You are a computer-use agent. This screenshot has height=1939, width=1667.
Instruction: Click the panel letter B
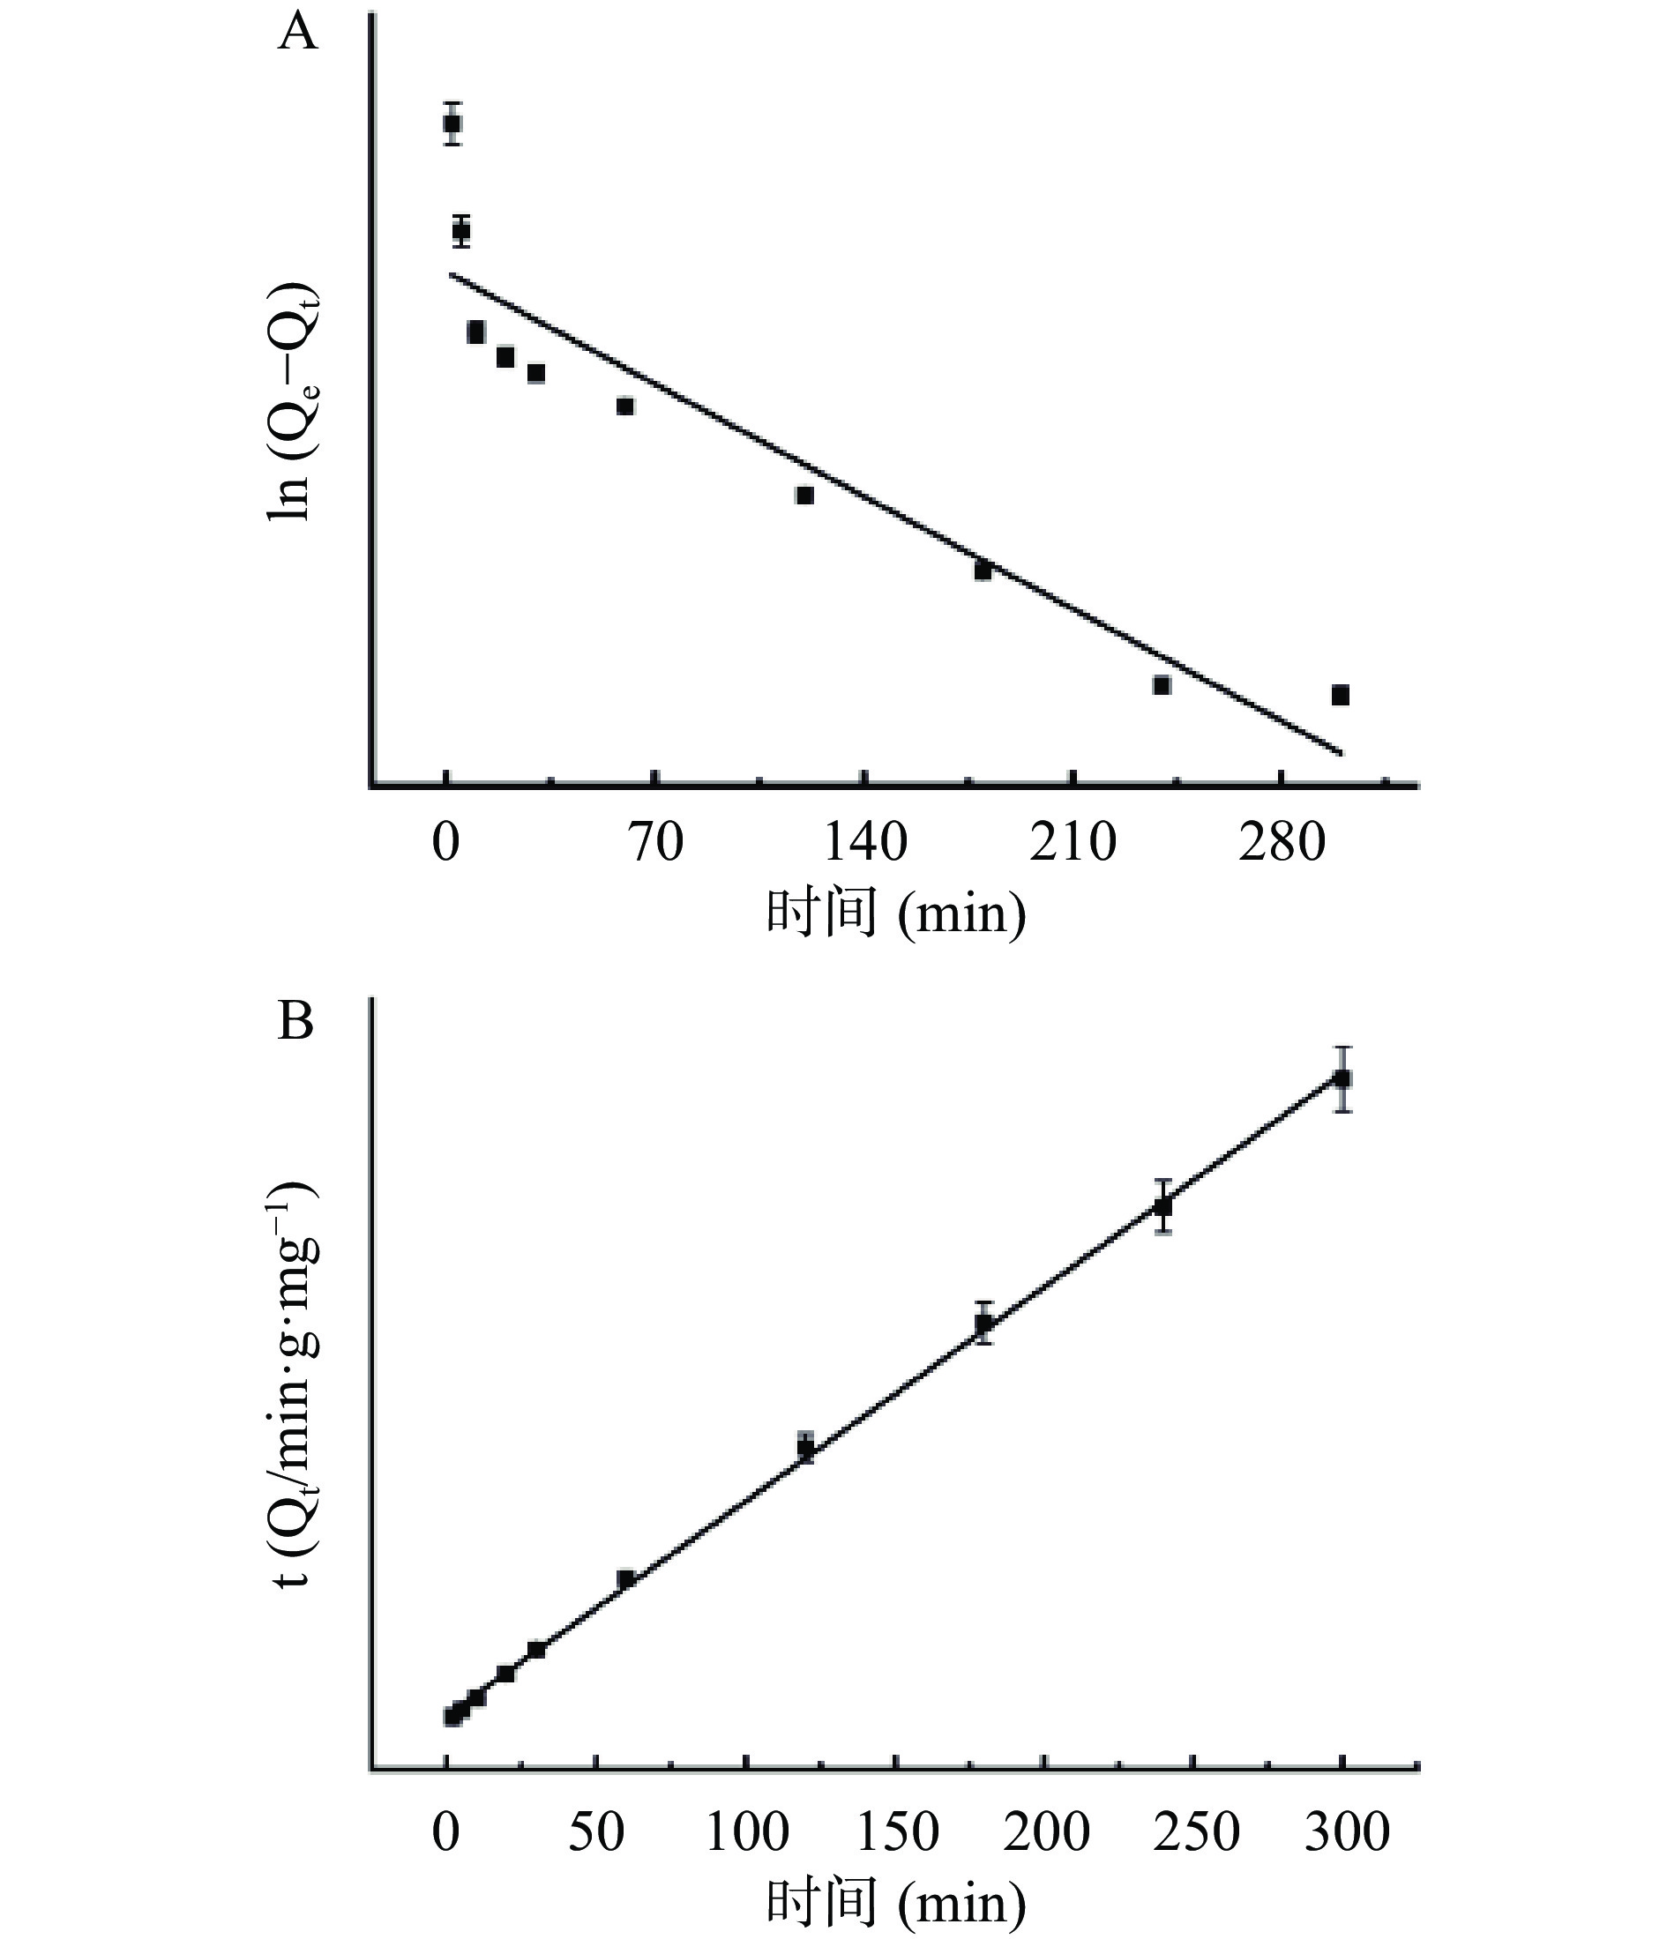click(x=295, y=1023)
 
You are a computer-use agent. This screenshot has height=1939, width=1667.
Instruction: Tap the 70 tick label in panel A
click(x=655, y=842)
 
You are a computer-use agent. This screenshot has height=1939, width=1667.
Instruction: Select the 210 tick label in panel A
click(x=1073, y=842)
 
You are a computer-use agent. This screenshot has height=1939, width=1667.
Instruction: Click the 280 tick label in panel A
click(x=1282, y=842)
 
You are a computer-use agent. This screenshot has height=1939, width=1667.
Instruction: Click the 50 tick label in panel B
click(x=595, y=1831)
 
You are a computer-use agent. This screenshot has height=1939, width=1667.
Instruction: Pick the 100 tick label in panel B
click(x=746, y=1831)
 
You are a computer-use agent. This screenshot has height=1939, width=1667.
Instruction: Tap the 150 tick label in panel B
click(x=896, y=1831)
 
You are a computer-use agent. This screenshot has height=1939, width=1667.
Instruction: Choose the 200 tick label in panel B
click(x=1045, y=1831)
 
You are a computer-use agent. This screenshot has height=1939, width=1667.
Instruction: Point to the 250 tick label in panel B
click(x=1195, y=1831)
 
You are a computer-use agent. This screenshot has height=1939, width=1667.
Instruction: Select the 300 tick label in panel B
click(x=1346, y=1831)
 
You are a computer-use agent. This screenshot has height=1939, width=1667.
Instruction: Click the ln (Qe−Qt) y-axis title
click(x=292, y=401)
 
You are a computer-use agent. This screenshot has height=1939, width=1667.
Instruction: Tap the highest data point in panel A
click(x=452, y=123)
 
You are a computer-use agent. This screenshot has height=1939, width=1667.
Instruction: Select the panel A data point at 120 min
click(x=805, y=495)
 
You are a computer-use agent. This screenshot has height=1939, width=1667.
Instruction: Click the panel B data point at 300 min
click(x=1342, y=1079)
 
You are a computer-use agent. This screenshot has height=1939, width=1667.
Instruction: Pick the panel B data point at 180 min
click(x=983, y=1323)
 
